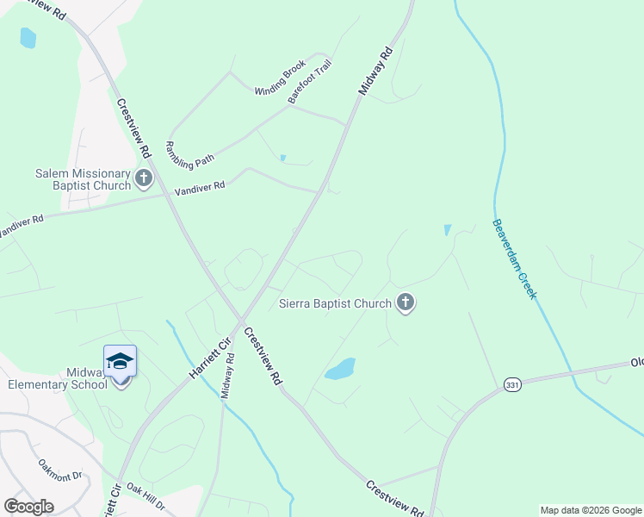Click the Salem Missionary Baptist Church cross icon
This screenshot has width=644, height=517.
click(143, 179)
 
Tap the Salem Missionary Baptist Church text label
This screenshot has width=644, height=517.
click(83, 179)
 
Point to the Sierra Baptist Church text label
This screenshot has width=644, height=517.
click(336, 303)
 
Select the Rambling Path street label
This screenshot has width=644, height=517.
click(189, 153)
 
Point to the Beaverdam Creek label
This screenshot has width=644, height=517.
click(515, 258)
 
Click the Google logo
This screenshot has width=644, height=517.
click(28, 507)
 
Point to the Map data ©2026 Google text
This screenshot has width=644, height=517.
click(590, 510)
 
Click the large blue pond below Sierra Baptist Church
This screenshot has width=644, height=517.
click(341, 369)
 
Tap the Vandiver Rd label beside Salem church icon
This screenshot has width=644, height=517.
click(200, 186)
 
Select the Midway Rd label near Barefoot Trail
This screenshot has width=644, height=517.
click(375, 72)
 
